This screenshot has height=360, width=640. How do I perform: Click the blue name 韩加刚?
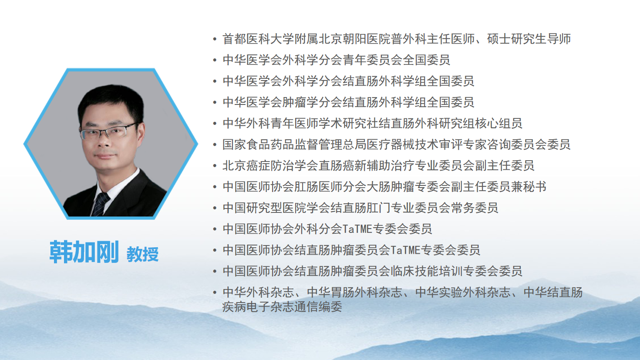pos(84,252)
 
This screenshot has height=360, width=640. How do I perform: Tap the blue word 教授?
pos(142,254)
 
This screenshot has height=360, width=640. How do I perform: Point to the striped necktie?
pos(100,204)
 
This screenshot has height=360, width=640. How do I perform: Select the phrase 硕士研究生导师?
pos(529,39)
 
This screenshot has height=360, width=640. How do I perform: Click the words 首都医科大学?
pos(259,39)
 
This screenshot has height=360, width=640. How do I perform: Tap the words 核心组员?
pos(498,124)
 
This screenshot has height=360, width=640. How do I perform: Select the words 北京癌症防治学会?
pos(270,166)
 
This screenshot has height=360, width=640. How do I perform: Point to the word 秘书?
pos(535,187)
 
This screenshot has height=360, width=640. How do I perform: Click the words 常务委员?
pos(475,208)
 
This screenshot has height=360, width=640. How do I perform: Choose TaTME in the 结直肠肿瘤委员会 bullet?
pos(405,250)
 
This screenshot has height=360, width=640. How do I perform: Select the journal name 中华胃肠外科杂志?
pos(354,293)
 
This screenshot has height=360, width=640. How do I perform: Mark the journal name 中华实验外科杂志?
pos(463,293)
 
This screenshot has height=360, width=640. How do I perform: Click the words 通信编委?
pos(318,307)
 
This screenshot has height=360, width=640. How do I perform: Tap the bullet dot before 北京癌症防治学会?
pos(215,166)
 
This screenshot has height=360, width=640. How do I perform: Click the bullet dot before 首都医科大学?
pos(215,39)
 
